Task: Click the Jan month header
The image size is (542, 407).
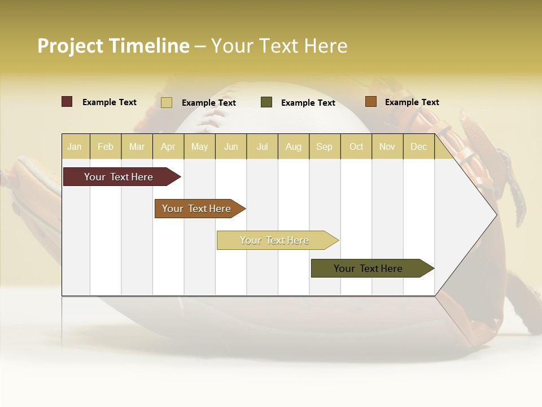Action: (x=75, y=146)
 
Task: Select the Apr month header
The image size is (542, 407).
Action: (x=168, y=146)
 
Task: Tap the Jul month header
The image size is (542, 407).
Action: (x=262, y=146)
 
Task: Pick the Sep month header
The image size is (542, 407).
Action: (x=324, y=146)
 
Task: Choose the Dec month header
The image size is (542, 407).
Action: (x=418, y=146)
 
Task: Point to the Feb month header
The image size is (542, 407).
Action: (x=106, y=146)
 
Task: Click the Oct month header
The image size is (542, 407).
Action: (x=356, y=146)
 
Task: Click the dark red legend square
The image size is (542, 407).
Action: (x=67, y=102)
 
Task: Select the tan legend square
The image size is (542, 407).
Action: (x=167, y=102)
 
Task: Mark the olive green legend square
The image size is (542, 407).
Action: (x=266, y=102)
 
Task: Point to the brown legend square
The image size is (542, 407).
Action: (x=370, y=102)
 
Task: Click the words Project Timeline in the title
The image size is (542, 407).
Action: (x=113, y=46)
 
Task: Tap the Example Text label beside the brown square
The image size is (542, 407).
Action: (x=412, y=102)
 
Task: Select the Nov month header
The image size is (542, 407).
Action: (x=387, y=146)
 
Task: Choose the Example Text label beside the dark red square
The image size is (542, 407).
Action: (x=110, y=102)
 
